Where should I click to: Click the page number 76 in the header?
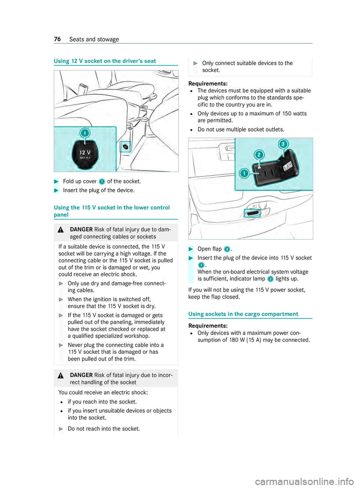click(x=57, y=39)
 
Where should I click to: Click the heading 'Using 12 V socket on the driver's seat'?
click(x=105, y=61)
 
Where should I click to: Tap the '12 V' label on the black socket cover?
click(x=85, y=153)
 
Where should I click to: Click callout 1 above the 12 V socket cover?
click(x=85, y=133)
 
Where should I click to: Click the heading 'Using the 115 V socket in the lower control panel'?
click(x=112, y=211)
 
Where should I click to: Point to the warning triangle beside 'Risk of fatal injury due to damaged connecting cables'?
click(x=61, y=230)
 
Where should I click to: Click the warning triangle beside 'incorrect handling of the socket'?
click(x=61, y=376)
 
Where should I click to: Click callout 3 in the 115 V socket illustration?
click(x=283, y=144)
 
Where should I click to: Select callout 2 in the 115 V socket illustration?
click(x=259, y=154)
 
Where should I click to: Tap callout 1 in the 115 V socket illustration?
click(x=244, y=173)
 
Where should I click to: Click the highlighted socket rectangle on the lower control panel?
click(x=253, y=213)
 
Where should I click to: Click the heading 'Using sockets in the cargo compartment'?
click(x=243, y=314)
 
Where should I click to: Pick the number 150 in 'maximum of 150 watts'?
click(x=287, y=114)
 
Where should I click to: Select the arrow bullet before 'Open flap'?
click(x=191, y=249)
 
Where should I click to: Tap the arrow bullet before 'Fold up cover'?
click(x=57, y=181)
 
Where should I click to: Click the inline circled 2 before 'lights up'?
click(x=270, y=279)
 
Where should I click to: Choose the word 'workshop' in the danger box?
click(x=138, y=336)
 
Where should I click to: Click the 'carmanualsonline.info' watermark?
click(x=304, y=481)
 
